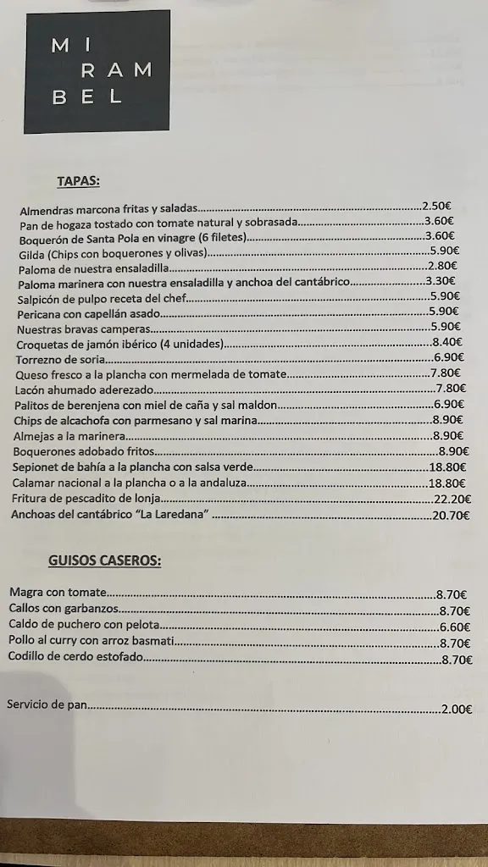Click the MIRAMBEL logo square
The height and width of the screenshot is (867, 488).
click(97, 71)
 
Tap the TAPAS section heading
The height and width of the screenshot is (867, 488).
click(78, 180)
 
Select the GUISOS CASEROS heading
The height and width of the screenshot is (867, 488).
click(104, 560)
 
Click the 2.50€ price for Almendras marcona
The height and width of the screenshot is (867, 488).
click(436, 206)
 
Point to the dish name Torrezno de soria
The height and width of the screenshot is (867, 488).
click(53, 359)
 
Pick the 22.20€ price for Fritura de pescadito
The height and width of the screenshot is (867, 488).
click(452, 499)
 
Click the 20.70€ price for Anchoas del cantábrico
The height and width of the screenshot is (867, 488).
click(451, 515)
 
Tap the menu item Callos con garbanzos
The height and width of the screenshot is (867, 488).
click(63, 609)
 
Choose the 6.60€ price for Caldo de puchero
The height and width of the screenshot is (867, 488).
click(454, 627)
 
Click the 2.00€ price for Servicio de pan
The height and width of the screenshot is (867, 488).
click(457, 710)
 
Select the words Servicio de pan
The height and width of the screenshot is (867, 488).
click(46, 704)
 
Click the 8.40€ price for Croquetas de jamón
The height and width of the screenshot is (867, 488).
click(446, 342)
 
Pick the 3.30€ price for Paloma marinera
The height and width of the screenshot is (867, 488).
click(441, 281)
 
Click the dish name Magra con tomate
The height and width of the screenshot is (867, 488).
click(57, 593)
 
